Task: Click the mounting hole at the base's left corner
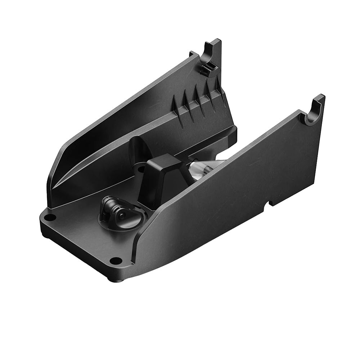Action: coord(50,217)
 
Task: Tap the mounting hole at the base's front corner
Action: coord(116,260)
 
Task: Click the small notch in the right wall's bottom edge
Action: coord(267,205)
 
